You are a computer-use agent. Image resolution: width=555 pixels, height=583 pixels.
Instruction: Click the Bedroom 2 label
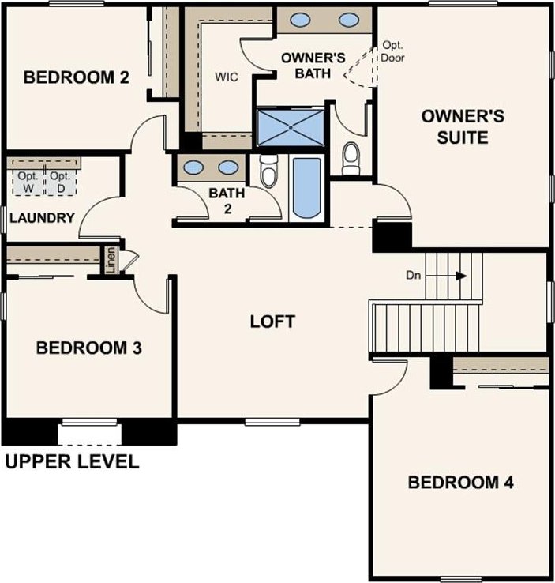[x=77, y=77]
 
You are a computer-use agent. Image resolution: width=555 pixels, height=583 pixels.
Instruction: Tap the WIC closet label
[x=227, y=77]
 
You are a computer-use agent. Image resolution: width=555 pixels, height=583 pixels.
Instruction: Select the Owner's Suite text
[x=463, y=126]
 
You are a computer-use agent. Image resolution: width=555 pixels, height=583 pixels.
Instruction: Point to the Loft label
[x=272, y=322]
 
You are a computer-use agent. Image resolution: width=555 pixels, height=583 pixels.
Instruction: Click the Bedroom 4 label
[x=460, y=482]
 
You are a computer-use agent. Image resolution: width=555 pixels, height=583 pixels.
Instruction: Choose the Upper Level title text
[x=73, y=461]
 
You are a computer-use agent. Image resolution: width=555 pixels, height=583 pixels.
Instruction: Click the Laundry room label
[x=43, y=218]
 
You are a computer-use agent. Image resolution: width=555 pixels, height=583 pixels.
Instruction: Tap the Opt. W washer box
[x=28, y=182]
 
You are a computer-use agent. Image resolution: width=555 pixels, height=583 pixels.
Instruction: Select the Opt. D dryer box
[x=61, y=182]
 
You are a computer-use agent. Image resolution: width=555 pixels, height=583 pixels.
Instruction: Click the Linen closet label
[x=111, y=260]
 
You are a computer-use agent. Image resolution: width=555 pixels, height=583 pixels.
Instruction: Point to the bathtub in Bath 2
[x=306, y=188]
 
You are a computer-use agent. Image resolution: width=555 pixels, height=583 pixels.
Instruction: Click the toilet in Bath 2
[x=269, y=171]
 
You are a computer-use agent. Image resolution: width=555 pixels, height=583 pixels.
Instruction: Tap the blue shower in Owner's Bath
[x=291, y=127]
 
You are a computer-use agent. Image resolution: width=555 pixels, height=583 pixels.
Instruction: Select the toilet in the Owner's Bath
[x=351, y=158]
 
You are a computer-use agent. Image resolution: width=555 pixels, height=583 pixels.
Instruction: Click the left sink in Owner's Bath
[x=300, y=20]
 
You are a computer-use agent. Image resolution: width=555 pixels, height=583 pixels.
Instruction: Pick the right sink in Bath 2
[x=228, y=167]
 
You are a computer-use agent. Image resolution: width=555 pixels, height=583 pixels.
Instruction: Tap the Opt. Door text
[x=392, y=51]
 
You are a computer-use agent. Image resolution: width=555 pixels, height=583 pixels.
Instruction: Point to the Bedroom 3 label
[x=88, y=348]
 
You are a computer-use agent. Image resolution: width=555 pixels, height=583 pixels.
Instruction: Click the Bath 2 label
[x=227, y=201]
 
